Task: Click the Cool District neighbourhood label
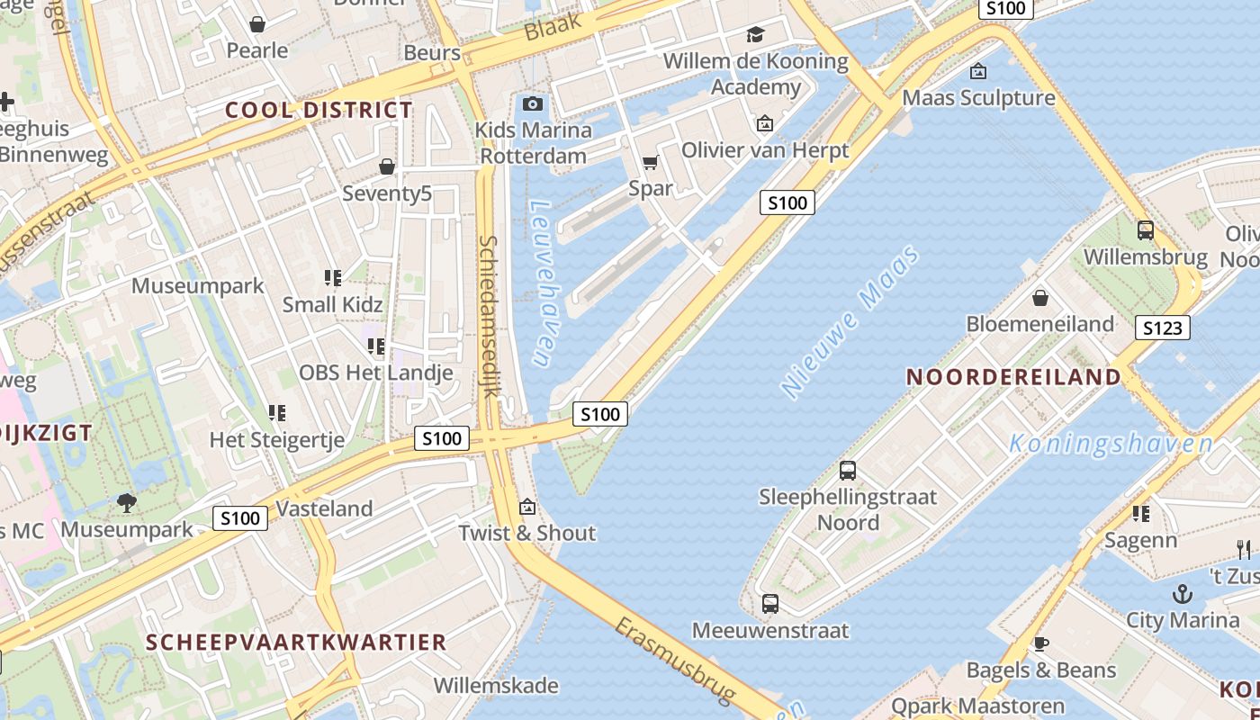point(319,111)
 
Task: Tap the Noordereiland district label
point(1012,377)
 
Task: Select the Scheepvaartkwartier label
point(296,643)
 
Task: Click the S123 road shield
point(1162,328)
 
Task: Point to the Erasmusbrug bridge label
point(675,660)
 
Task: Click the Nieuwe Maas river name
point(850,321)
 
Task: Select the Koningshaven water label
point(1111,444)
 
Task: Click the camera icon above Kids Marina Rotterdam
point(533,103)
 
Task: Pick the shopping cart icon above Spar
point(650,163)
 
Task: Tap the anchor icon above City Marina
point(1183,594)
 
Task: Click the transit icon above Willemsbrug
point(1145,230)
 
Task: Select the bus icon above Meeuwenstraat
point(769,604)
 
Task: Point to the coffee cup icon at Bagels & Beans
point(1040,643)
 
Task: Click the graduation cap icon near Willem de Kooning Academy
point(755,35)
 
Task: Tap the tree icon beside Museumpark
point(127,502)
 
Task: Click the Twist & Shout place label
point(527,533)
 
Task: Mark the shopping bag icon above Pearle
point(257,24)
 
